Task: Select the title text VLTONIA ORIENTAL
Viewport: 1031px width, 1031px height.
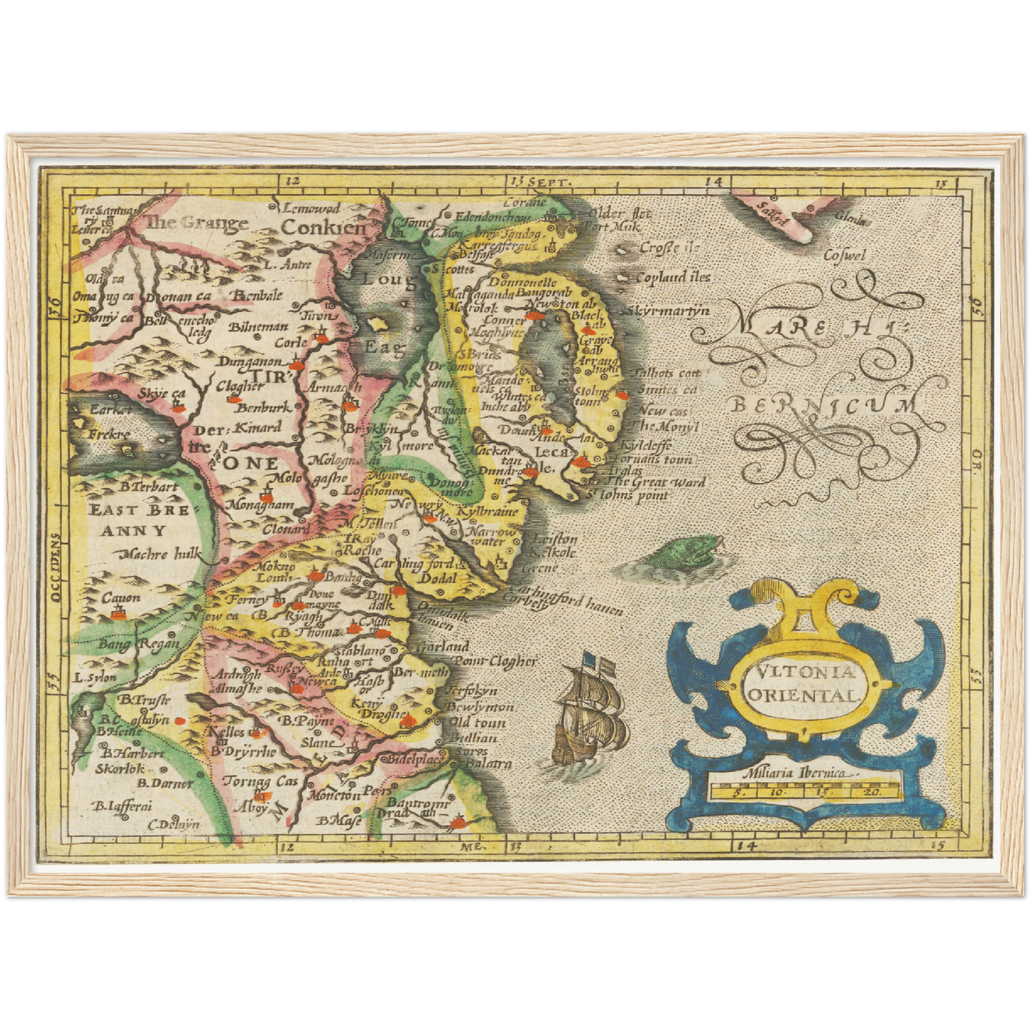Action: point(804,683)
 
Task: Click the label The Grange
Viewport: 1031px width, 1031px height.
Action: point(197,223)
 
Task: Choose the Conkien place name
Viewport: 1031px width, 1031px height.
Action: point(323,228)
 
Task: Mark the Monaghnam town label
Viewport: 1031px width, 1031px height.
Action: point(260,504)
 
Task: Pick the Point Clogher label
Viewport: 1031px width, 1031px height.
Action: point(494,661)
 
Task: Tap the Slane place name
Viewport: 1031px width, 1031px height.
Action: point(317,743)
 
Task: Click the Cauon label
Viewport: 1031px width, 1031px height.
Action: point(121,598)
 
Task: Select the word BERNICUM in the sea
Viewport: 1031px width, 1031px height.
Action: point(824,405)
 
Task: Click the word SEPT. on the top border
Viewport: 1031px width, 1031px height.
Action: point(550,183)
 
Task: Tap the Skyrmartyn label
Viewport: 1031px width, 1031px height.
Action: point(669,310)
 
